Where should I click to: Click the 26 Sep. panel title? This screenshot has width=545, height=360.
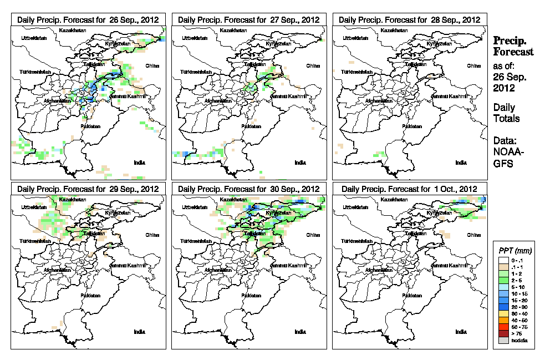[x=88, y=19]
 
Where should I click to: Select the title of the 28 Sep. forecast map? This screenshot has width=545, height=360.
[x=409, y=19]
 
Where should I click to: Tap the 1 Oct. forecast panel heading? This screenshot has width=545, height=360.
[x=409, y=189]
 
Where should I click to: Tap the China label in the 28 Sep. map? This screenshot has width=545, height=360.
[x=473, y=65]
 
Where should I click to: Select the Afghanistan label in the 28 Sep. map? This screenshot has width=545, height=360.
[x=379, y=101]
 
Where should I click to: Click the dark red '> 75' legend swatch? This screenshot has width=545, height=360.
[x=501, y=333]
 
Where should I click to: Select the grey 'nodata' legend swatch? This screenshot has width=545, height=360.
[x=501, y=339]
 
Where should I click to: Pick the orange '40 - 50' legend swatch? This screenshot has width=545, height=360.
[x=501, y=320]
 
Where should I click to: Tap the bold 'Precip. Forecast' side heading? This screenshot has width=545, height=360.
[x=513, y=47]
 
